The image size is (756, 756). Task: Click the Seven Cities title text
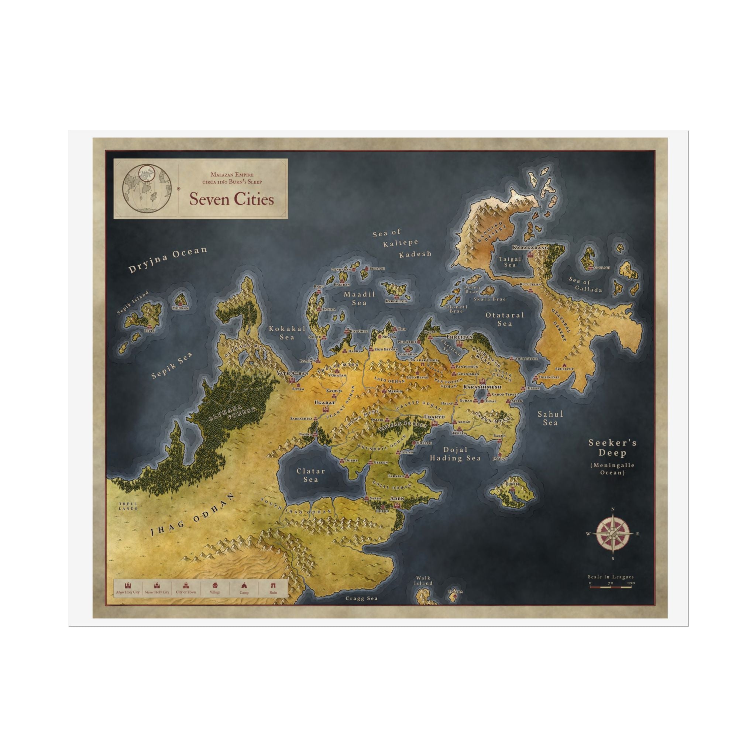232,199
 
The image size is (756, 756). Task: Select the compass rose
613,534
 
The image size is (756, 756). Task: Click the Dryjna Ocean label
168,259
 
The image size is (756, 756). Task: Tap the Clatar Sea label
311,475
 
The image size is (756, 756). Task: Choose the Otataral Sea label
505,319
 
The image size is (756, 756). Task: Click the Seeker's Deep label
613,448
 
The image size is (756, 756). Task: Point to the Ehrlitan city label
459,337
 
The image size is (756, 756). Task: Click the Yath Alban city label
292,373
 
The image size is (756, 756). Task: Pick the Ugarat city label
325,402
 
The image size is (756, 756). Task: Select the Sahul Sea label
550,418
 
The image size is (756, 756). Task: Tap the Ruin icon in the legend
273,588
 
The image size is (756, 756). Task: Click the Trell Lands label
128,506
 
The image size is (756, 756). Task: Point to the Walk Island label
423,581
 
